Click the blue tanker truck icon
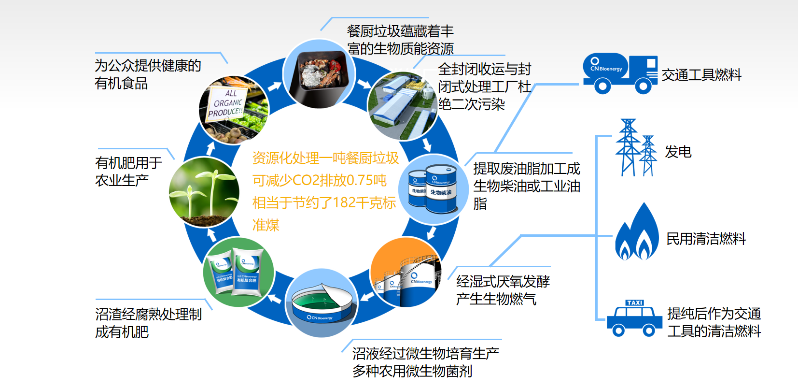(620, 73)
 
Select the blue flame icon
(637, 234)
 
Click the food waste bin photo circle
(319, 73)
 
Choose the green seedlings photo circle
(204, 192)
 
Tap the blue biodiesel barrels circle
(434, 189)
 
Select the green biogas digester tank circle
(321, 302)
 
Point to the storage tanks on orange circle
(406, 273)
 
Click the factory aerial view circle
(402, 106)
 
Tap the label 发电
(678, 152)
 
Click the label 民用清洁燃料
(706, 239)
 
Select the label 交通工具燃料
(701, 75)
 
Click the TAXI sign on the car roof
(634, 303)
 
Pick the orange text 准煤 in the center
(266, 225)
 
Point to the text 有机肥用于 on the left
(128, 163)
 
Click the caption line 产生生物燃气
(496, 299)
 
